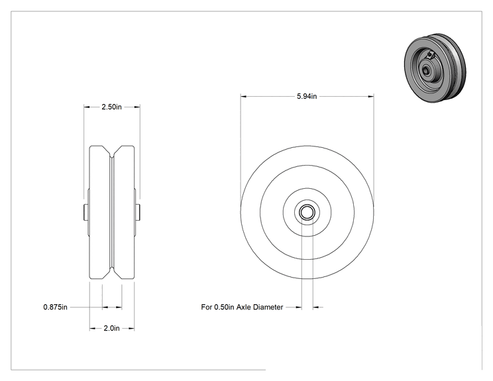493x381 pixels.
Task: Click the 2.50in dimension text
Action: [x=111, y=107]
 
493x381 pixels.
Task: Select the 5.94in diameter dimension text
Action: [x=307, y=96]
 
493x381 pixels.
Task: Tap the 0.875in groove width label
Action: [x=56, y=307]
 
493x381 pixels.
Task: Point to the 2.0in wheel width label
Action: [x=111, y=328]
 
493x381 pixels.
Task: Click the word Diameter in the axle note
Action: [x=268, y=307]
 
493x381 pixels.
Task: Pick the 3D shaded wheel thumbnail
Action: [x=435, y=68]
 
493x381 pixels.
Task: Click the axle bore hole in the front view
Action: [x=307, y=212]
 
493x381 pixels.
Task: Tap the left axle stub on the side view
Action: [x=85, y=212]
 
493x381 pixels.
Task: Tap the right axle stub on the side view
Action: [x=138, y=212]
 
